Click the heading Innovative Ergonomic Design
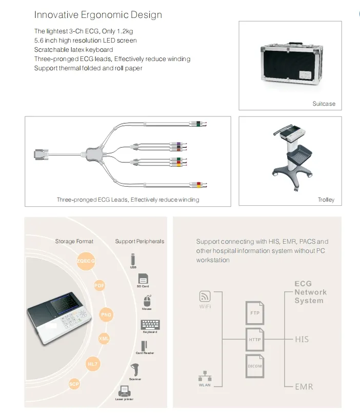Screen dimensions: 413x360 [98, 14]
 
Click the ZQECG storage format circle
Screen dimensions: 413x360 [86, 261]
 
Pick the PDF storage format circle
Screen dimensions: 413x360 [99, 286]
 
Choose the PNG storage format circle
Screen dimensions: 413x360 [106, 314]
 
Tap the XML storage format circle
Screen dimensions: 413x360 [104, 339]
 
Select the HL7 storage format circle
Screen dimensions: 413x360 [93, 364]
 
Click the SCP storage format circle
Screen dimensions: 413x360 [74, 384]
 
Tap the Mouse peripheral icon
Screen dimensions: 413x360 [147, 301]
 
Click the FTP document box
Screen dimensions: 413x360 [254, 312]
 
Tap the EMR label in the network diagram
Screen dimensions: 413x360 [304, 386]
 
